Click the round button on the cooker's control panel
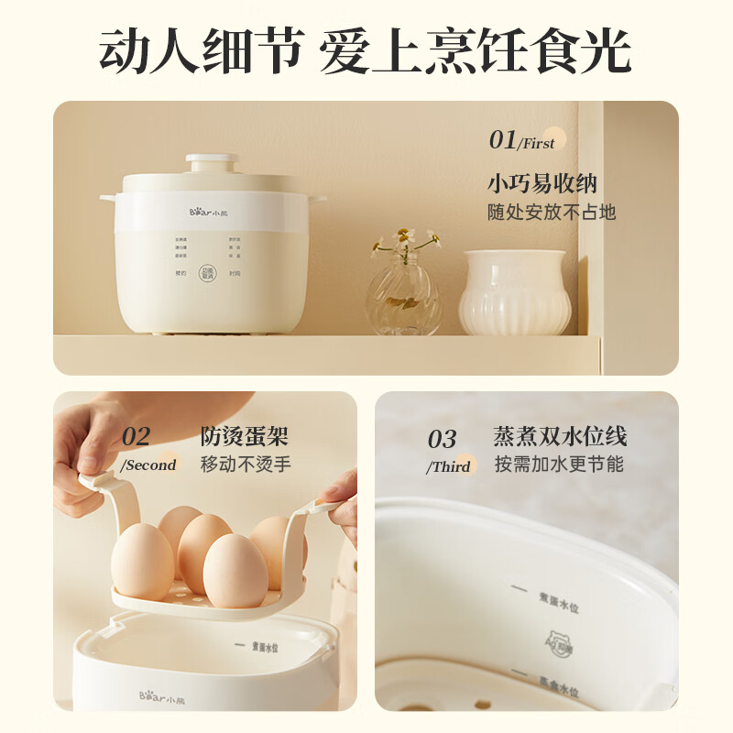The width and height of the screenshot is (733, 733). coord(208,272)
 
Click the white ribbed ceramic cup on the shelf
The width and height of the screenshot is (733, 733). coord(512,292)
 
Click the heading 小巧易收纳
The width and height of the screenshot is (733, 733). coord(542,182)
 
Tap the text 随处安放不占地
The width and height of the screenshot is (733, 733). coord(551,213)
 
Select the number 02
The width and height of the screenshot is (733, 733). coord(137,436)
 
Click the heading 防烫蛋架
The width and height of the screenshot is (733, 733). coord(244,436)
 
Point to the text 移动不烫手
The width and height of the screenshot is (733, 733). coord(246,465)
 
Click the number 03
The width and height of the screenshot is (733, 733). coord(443,439)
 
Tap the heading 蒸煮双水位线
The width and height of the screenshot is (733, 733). coord(560,436)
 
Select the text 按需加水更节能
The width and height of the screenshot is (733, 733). coord(559,465)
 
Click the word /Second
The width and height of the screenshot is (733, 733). coord(148,465)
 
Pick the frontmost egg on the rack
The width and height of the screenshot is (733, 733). coord(235,570)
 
